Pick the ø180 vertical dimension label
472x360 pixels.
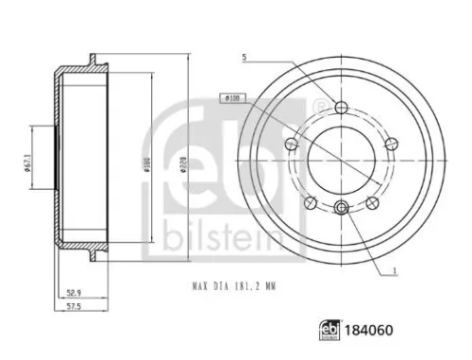147,161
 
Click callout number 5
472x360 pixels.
244,59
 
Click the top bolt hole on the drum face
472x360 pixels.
341,106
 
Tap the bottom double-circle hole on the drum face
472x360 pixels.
341,209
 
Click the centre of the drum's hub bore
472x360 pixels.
341,156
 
